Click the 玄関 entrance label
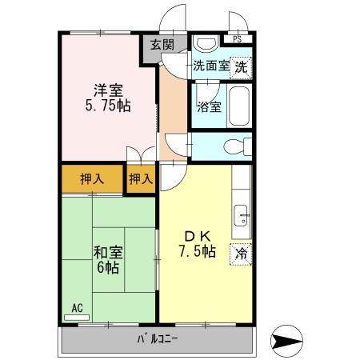tap(155, 46)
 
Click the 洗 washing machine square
tap(242, 68)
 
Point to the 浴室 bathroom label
tap(208, 106)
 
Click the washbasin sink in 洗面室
tap(206, 44)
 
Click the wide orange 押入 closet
tap(91, 178)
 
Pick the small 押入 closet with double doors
tap(141, 178)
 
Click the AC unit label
tap(78, 307)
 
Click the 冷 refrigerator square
tap(241, 254)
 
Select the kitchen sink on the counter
tap(241, 215)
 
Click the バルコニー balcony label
tap(157, 341)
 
